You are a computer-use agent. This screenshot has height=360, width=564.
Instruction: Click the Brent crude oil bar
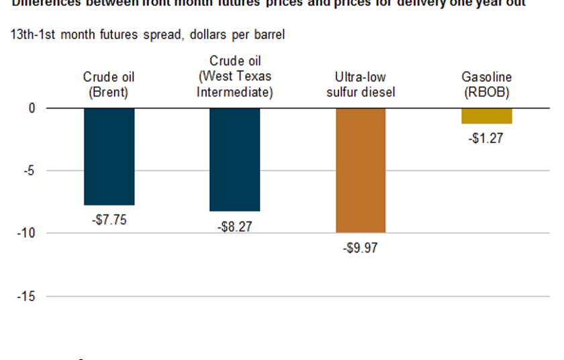pyautogui.click(x=109, y=156)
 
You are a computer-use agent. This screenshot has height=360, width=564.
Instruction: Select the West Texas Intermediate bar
pyautogui.click(x=235, y=159)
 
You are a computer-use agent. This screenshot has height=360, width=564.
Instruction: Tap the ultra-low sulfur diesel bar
pyautogui.click(x=361, y=170)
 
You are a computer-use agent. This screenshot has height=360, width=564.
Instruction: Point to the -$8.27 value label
pyautogui.click(x=234, y=227)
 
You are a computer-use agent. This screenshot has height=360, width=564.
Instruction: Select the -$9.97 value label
pyautogui.click(x=361, y=248)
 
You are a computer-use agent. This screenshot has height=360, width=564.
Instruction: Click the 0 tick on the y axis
pyautogui.click(x=30, y=107)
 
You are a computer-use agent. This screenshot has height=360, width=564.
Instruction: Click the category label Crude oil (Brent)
pyautogui.click(x=109, y=85)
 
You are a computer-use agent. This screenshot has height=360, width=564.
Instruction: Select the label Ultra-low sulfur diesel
pyautogui.click(x=361, y=85)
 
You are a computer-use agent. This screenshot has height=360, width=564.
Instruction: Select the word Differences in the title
pyautogui.click(x=42, y=3)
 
